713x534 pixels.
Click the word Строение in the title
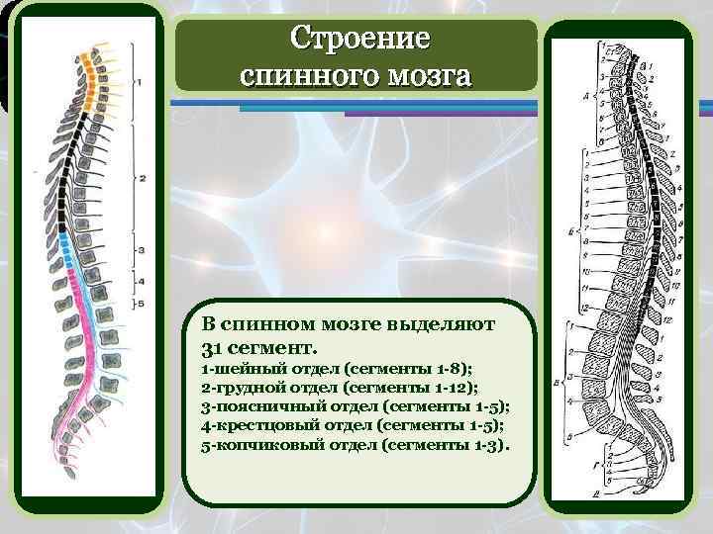coord(360,41)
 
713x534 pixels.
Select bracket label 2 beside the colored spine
coord(143,179)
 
